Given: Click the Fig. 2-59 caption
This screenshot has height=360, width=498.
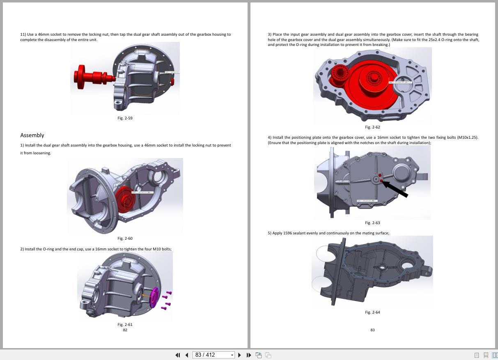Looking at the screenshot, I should (125, 118).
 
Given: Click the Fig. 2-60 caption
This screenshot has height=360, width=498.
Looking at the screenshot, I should (125, 238).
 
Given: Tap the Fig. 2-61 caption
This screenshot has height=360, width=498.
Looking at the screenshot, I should (125, 325).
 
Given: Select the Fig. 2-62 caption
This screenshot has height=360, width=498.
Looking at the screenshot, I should (372, 127).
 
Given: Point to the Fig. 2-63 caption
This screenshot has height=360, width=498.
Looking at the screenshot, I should (372, 223).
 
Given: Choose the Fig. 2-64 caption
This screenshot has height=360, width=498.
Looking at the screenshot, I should (372, 312).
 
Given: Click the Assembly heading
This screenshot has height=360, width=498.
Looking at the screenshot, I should (32, 135).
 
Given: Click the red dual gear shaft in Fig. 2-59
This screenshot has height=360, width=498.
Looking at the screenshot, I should (90, 77).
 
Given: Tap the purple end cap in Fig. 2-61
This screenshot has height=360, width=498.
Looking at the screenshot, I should (154, 298).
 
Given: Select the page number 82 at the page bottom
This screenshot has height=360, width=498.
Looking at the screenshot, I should (125, 330).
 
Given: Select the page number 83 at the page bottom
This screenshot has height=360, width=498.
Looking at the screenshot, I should (372, 330).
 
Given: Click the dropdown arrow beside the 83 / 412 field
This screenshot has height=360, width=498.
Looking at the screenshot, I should (232, 355).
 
